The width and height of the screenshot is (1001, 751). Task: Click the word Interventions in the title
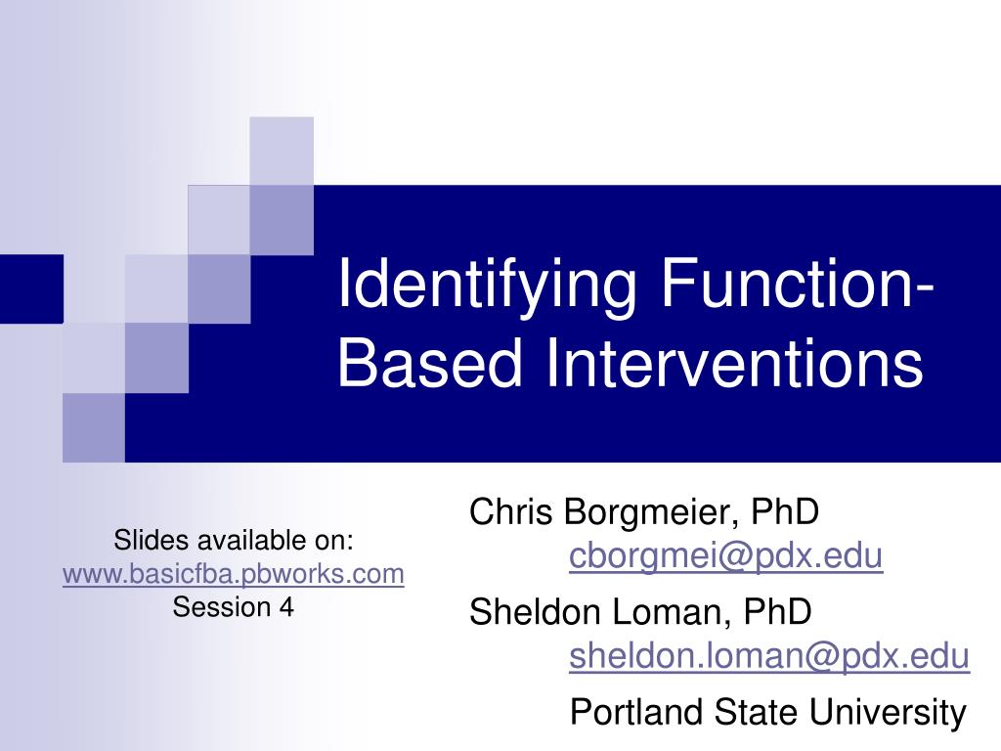coord(733,363)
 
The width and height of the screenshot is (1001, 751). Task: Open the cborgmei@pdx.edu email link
coord(726,556)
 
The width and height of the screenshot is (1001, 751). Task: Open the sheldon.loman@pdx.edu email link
coord(769,656)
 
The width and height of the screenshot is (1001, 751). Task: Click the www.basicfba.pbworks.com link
coord(233,574)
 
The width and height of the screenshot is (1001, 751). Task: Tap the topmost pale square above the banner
coord(282,150)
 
